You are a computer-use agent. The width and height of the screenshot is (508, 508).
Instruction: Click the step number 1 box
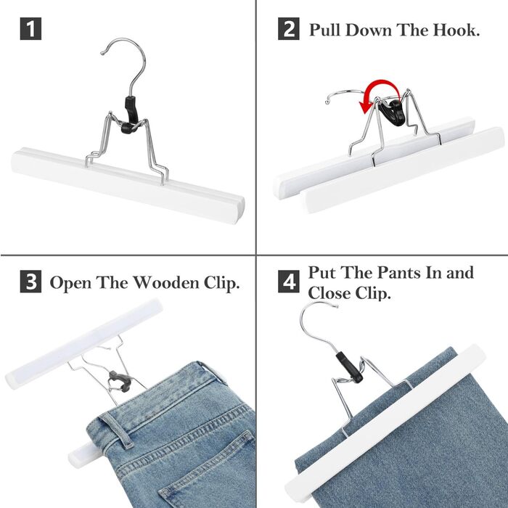30,29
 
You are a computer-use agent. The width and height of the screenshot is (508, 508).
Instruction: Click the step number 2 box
288,29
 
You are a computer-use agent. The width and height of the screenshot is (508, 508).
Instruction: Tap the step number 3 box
30,282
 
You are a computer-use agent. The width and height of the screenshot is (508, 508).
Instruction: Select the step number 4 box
288,282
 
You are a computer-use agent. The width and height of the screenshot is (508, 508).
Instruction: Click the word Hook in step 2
456,30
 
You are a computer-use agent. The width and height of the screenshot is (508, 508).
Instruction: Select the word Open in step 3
70,283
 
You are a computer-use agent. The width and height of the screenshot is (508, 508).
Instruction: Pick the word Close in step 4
329,293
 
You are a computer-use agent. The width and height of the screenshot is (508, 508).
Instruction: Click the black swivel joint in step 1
131,115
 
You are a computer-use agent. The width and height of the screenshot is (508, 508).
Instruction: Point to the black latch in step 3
120,381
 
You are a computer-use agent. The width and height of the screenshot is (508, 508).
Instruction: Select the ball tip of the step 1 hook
102,52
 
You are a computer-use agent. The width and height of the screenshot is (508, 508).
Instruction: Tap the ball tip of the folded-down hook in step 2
327,102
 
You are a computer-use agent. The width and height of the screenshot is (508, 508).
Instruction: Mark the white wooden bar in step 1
128,185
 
